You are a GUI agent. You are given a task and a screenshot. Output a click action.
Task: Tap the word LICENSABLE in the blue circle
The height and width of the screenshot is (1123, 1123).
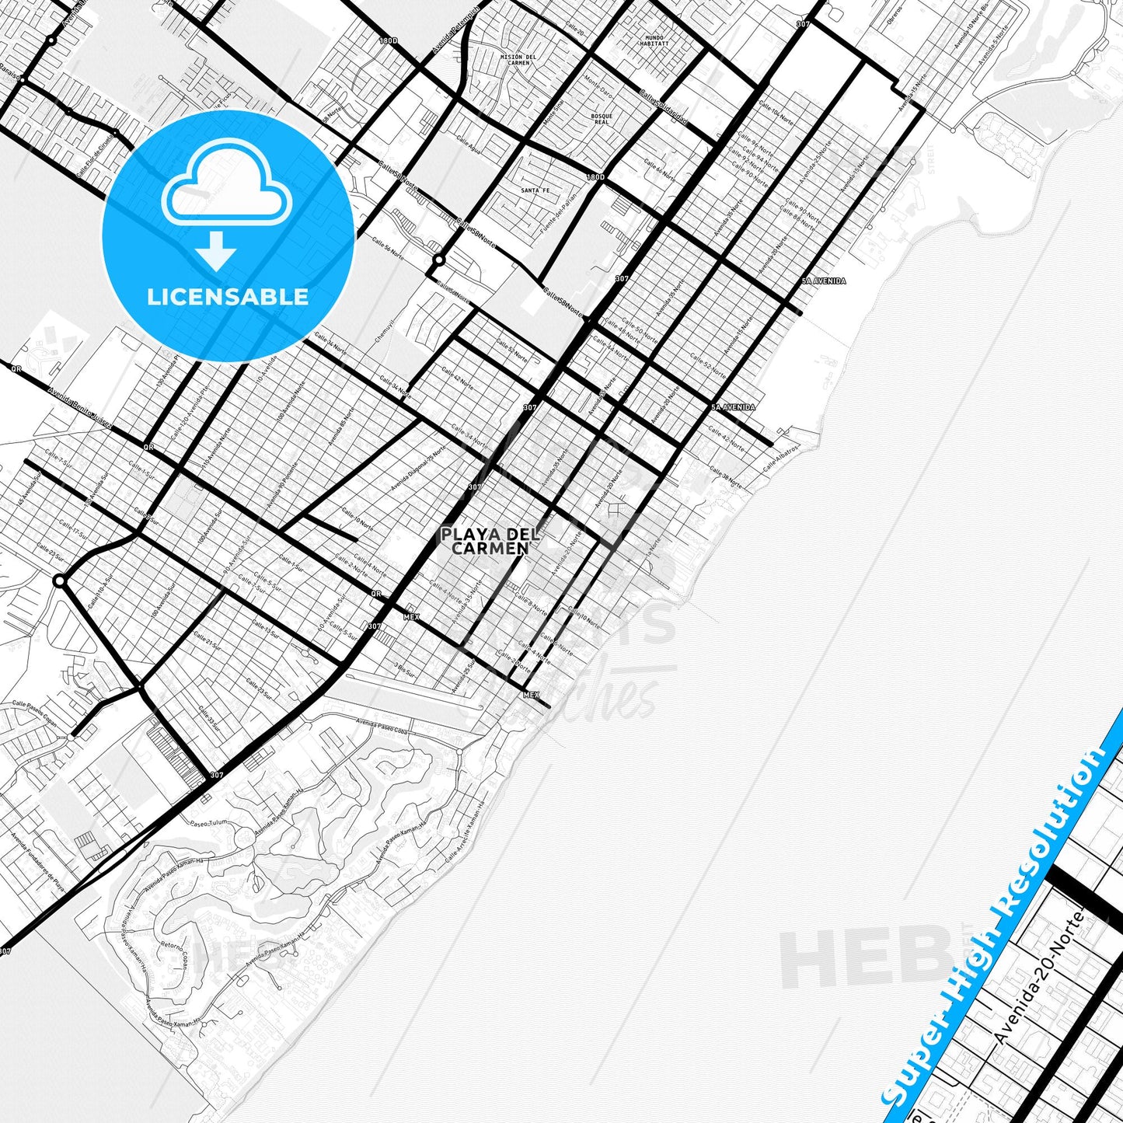point(228,297)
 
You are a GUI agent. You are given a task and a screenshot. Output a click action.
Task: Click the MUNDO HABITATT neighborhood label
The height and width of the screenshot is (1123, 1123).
point(654,41)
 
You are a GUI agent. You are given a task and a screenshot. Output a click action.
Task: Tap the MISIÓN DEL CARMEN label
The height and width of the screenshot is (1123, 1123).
point(518,60)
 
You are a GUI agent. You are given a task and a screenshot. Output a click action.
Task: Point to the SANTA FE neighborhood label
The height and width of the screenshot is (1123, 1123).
point(535,190)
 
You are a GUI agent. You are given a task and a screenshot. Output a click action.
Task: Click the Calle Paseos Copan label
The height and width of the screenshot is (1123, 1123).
point(35,710)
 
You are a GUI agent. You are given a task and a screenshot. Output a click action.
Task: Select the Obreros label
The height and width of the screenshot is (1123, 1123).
point(895,17)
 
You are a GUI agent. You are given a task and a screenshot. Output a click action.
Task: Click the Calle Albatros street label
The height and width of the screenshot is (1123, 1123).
point(781,459)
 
